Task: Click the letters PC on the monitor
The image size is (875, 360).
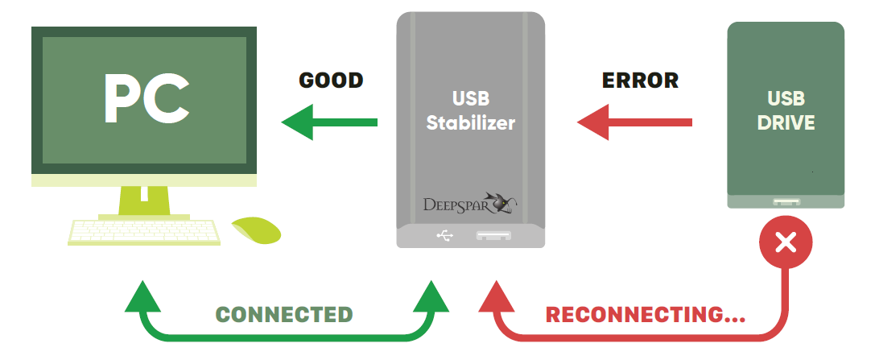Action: [x=146, y=100]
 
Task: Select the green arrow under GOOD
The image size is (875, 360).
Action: [x=329, y=122]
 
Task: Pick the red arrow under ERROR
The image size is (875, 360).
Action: [x=635, y=122]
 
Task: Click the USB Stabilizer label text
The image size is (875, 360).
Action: [x=471, y=111]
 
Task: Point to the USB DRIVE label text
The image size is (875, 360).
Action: [x=786, y=111]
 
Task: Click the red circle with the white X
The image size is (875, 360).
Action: [x=786, y=242]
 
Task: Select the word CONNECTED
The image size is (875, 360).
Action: [x=285, y=315]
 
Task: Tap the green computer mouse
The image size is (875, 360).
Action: [x=258, y=230]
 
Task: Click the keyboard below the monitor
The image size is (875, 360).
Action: [x=145, y=233]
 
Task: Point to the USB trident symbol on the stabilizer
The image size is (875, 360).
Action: [x=445, y=235]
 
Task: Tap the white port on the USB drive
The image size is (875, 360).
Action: [x=786, y=202]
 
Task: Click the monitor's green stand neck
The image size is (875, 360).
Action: [x=144, y=199]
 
